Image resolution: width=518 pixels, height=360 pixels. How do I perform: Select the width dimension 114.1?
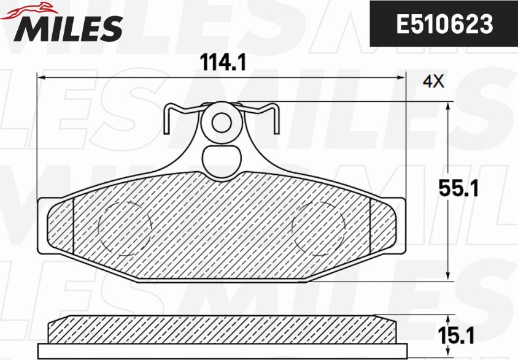[222, 61]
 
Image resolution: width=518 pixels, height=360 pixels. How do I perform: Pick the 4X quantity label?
[434, 80]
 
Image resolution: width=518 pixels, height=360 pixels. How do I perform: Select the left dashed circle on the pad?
[125, 225]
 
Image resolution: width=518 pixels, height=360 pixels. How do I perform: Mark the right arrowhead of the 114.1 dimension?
[402, 77]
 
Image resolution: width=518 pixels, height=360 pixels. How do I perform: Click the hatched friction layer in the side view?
[222, 329]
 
